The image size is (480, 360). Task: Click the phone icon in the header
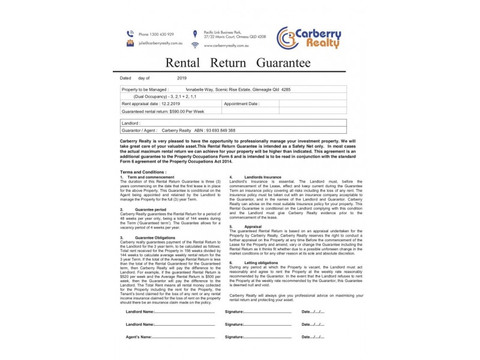pos(130,34)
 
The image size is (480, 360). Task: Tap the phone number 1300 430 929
pos(156,34)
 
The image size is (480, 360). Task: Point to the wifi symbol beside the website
pos(194,45)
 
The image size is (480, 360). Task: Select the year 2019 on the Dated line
pos(182,78)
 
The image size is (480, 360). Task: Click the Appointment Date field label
pos(241,104)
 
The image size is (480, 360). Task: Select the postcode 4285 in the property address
pos(286,89)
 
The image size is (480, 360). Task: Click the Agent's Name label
pos(139,337)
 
